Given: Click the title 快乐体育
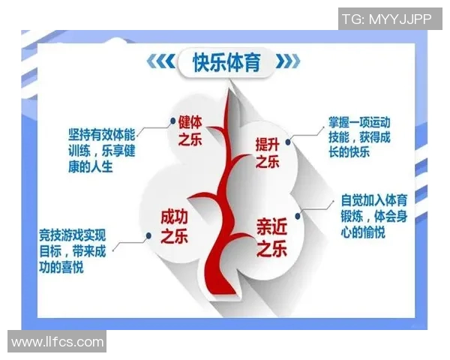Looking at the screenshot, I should tap(226, 62).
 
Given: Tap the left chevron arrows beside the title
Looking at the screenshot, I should tap(160, 61).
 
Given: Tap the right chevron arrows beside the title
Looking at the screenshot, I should tap(290, 61).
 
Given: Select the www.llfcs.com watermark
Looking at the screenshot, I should tap(57, 342).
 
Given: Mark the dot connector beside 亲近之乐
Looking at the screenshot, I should tap(298, 215).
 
